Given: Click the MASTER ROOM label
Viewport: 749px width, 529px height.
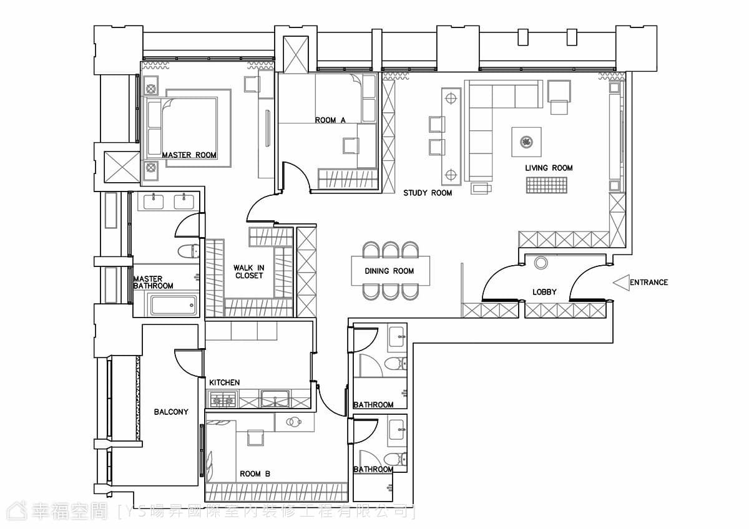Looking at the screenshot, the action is pos(189,155).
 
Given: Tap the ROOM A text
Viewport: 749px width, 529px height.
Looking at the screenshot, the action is pos(330,120).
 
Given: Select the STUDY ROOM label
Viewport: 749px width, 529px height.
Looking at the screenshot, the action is pos(428,193).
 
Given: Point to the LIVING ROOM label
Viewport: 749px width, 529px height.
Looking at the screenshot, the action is pos(549,168).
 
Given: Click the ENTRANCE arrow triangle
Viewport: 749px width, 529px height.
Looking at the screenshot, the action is pos(621,283).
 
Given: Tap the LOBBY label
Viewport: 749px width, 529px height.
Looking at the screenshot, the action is pos(544,292).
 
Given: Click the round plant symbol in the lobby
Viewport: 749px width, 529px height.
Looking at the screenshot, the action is pos(541,263).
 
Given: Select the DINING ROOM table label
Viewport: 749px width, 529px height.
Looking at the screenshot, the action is pos(389,271).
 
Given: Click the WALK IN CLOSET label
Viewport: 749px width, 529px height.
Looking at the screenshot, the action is pos(249,272).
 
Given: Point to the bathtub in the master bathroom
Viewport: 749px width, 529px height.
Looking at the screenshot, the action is pos(174,305).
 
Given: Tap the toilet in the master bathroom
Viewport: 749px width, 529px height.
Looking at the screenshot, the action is pos(188,251).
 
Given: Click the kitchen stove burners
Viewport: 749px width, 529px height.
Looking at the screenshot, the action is pos(222,400).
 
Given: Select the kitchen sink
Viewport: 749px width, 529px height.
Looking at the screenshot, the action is pos(275,399).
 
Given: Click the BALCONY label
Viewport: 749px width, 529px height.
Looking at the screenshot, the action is pos(171,412).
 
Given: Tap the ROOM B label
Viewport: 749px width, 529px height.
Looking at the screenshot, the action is pos(255,474).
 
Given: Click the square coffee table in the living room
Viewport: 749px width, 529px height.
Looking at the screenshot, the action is pos(526,142).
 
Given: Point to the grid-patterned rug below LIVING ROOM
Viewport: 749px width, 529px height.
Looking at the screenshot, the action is pos(546,185).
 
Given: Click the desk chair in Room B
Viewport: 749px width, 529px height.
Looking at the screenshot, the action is pos(255,438).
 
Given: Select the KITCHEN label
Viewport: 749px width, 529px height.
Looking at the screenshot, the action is pos(224,382).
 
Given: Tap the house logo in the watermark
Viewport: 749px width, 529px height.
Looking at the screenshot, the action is pos(17,512).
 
